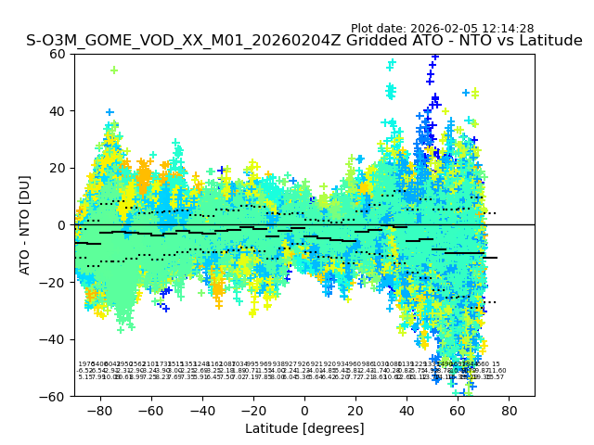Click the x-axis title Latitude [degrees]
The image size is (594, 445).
tap(304, 428)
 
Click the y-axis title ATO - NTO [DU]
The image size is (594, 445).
tap(25, 225)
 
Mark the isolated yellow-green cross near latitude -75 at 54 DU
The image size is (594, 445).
tap(114, 70)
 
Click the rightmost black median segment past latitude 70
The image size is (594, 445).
tap(490, 258)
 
